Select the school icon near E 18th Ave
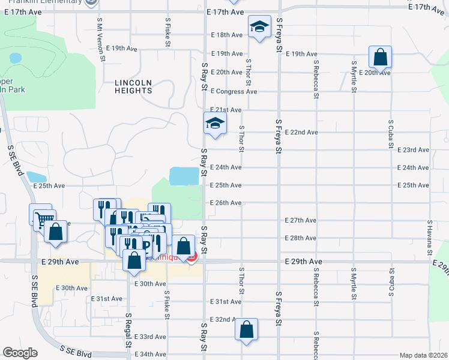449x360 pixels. (259, 26)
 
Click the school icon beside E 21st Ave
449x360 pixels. (214, 124)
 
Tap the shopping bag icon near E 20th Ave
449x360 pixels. (381, 58)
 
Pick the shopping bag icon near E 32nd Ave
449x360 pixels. (246, 329)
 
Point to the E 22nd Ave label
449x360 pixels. (301, 132)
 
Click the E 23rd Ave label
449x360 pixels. (414, 150)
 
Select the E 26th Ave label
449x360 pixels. (226, 203)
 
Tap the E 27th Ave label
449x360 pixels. (301, 220)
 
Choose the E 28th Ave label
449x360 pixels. (301, 238)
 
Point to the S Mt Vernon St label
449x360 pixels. (102, 39)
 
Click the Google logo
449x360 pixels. (20, 353)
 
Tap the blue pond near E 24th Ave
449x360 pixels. (184, 176)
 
